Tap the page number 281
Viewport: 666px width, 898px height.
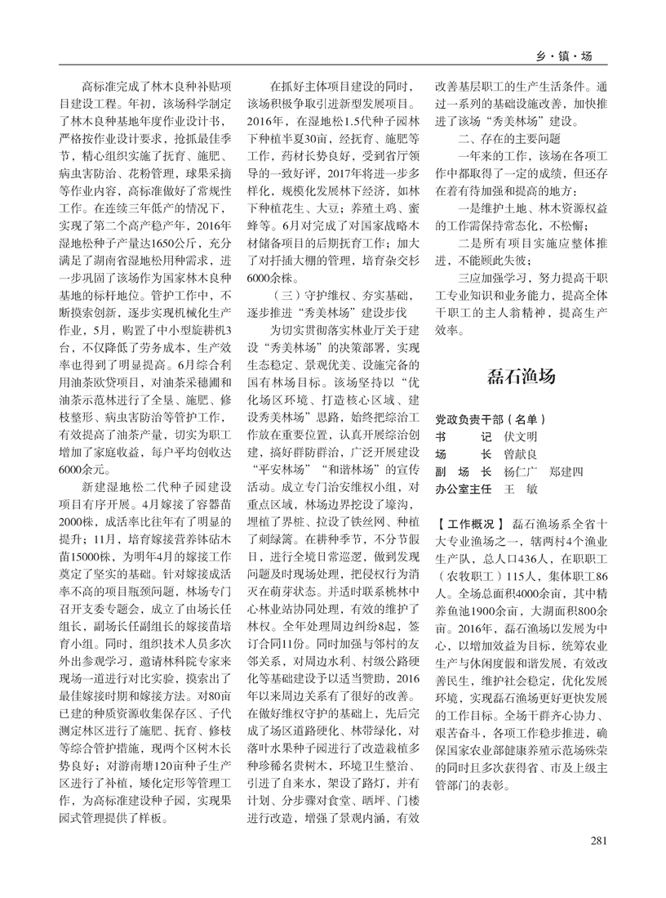tap(600, 840)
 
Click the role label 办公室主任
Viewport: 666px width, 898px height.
tap(463, 489)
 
